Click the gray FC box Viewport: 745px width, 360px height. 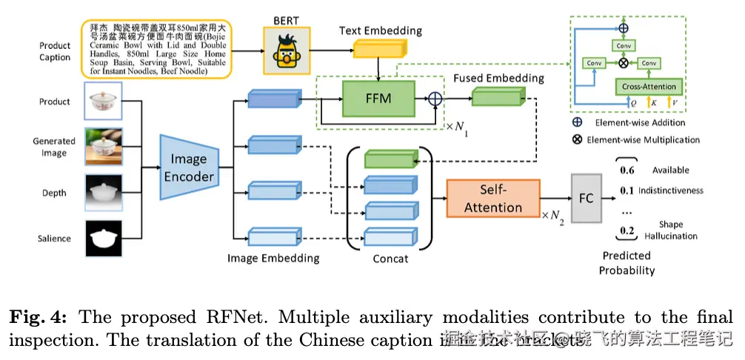(x=585, y=198)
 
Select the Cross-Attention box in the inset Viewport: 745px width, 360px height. (x=649, y=87)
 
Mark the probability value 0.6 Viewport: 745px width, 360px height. (x=627, y=170)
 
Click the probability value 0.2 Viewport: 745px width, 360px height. (x=627, y=230)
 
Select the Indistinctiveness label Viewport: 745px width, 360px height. (x=670, y=190)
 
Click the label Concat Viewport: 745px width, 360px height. (x=390, y=259)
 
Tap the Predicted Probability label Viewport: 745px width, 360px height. (x=627, y=263)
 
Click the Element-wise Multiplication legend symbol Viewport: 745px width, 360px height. (x=576, y=139)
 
